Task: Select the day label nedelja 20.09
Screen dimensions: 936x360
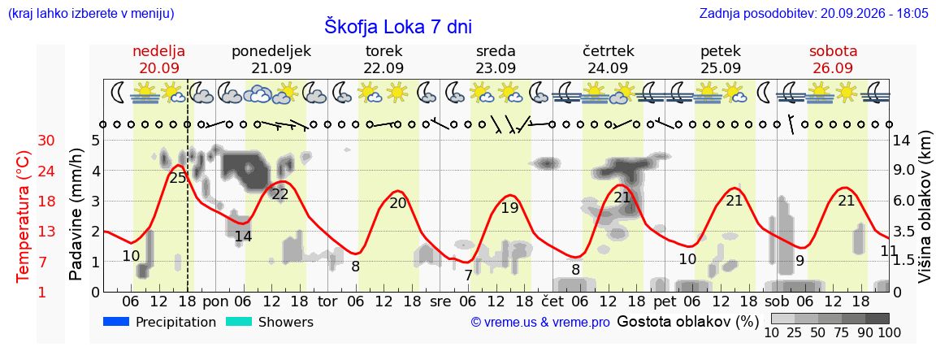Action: click(x=158, y=59)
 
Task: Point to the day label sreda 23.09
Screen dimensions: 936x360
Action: click(x=496, y=59)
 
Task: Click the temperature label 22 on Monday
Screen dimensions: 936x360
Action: click(x=280, y=194)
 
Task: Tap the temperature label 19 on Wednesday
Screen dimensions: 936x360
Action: click(x=509, y=208)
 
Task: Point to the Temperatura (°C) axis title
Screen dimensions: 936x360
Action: click(x=23, y=216)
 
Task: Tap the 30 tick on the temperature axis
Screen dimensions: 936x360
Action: click(x=46, y=141)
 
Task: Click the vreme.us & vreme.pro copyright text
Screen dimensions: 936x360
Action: click(x=540, y=323)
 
